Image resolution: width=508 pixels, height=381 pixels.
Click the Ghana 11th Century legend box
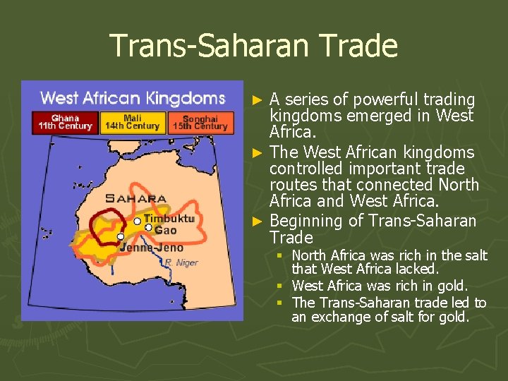[66, 122]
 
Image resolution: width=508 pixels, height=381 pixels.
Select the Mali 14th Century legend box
[132, 122]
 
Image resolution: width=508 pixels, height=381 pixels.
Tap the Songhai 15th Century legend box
[200, 122]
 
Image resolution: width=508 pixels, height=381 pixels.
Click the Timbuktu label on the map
[169, 219]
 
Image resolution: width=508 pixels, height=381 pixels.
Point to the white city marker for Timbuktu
[137, 221]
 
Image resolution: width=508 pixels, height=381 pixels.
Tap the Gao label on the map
[166, 230]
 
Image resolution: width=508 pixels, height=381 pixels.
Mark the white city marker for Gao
[148, 227]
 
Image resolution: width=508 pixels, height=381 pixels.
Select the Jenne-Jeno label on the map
[152, 247]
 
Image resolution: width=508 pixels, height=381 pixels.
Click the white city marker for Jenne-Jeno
[121, 236]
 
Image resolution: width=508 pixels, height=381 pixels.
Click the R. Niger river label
[182, 262]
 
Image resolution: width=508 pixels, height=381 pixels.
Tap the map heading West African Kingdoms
[133, 98]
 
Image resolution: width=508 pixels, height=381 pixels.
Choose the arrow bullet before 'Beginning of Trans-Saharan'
[259, 222]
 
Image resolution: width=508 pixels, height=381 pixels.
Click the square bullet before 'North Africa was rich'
[280, 255]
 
